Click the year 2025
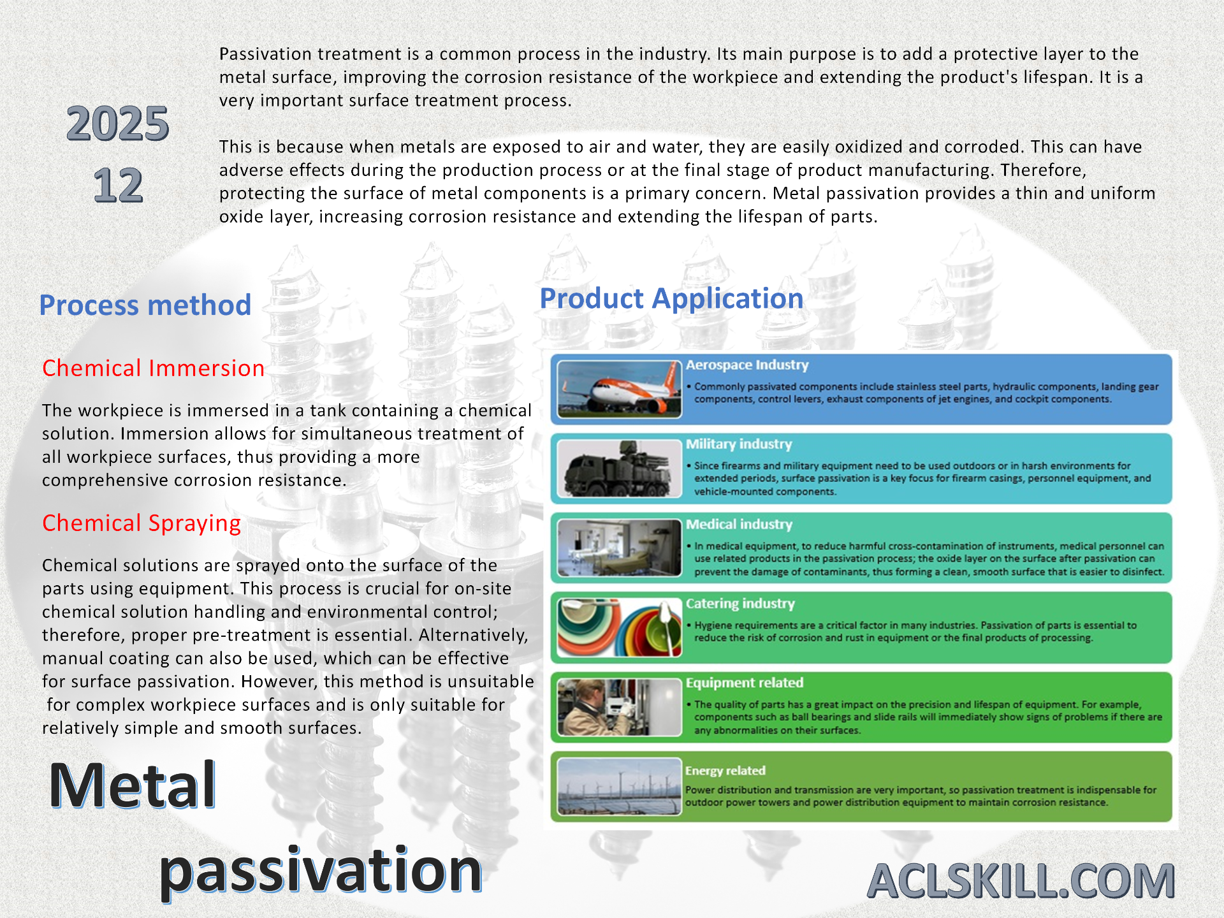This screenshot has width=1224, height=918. point(118,124)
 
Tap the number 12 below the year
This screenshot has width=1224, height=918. point(118,186)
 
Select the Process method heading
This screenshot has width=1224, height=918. point(145,305)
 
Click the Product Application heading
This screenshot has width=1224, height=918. point(671,299)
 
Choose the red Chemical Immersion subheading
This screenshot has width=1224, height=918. point(153,368)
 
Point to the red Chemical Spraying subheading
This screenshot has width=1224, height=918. point(142,523)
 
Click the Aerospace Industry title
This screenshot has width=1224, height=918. point(747,365)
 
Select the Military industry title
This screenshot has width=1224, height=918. point(739,444)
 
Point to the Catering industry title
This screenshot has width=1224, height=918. point(740,604)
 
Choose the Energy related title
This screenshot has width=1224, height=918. point(725,771)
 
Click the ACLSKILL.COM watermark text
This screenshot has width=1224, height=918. point(1021,881)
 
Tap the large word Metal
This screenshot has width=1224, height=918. point(133,785)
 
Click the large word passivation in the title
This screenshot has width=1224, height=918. point(320,871)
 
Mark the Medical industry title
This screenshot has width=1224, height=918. point(739,525)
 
